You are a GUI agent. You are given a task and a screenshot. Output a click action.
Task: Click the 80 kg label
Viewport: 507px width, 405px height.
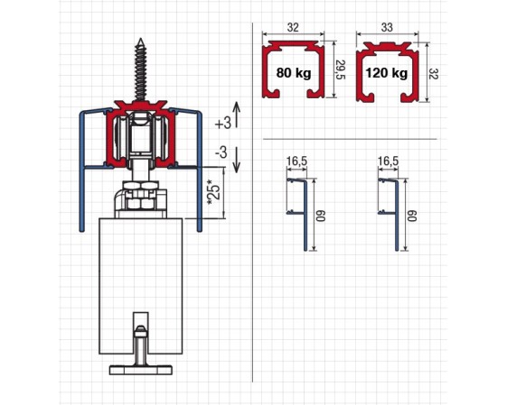click(294, 73)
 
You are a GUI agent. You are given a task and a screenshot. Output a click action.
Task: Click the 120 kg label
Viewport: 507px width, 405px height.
click(387, 73)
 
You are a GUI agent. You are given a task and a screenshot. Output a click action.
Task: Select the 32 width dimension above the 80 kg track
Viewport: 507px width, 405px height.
click(293, 27)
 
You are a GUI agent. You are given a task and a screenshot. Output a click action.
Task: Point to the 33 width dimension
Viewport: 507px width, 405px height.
click(387, 27)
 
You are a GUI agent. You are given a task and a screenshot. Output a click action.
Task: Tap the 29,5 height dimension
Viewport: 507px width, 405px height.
click(341, 69)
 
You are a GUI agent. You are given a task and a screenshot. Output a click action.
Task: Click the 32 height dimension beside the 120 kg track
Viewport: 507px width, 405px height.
click(434, 74)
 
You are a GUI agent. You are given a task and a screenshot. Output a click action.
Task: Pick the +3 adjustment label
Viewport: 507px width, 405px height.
click(223, 123)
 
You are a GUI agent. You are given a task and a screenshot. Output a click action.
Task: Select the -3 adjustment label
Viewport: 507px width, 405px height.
click(221, 152)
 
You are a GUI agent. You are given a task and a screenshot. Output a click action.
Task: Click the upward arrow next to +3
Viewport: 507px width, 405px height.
click(237, 115)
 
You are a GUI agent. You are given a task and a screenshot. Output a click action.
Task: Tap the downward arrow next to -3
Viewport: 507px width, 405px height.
click(237, 160)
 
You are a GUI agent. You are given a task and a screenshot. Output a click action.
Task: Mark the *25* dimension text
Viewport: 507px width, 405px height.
click(214, 192)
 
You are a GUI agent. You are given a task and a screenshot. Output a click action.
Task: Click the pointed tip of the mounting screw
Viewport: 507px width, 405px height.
click(141, 39)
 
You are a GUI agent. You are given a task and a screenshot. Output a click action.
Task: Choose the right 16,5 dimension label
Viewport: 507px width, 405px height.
click(388, 161)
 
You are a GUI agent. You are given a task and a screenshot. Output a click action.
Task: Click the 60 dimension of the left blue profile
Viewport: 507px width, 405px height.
click(321, 216)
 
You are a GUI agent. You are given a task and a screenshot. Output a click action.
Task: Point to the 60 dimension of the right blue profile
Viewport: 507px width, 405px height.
click(412, 216)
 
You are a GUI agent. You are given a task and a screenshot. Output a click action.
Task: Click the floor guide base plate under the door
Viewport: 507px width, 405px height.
click(141, 370)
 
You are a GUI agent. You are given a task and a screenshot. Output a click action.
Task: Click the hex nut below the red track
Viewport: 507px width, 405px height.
click(141, 186)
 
